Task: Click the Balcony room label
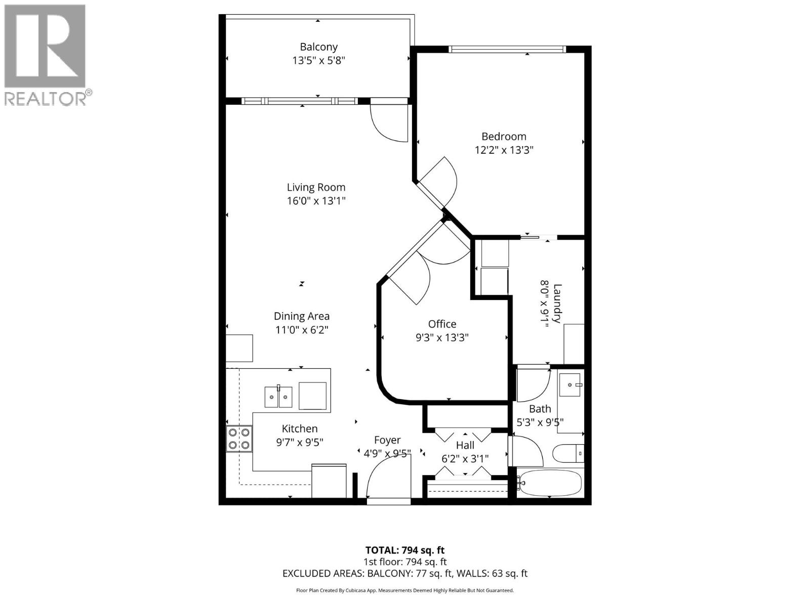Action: (318, 47)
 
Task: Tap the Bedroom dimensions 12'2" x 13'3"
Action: (504, 150)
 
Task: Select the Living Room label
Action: (316, 187)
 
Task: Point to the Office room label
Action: (442, 324)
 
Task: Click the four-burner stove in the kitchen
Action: (239, 439)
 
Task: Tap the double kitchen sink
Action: (278, 397)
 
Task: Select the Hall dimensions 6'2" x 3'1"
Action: (465, 459)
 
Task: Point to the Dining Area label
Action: (301, 316)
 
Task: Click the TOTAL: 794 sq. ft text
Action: (404, 550)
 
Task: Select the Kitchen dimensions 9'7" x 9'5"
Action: (300, 442)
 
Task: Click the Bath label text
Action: (540, 409)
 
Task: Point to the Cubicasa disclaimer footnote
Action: (404, 590)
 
